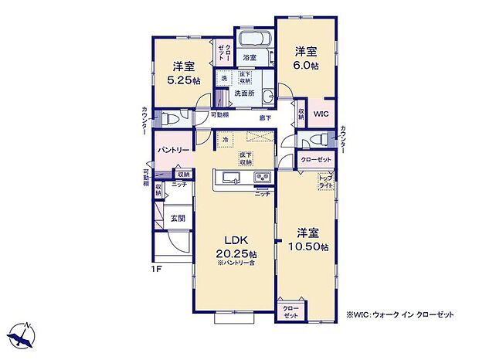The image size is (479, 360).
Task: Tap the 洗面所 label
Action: [x=245, y=93]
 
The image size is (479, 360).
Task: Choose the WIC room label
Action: [x=321, y=113]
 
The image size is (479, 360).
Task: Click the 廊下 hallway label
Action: [x=265, y=117]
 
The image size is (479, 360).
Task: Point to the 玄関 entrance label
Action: [x=178, y=219]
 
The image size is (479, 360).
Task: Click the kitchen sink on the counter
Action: [x=231, y=179]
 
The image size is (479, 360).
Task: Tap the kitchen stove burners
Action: [x=263, y=179]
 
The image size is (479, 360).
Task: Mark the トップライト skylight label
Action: [x=326, y=182]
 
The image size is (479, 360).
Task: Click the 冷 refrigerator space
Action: [x=225, y=139]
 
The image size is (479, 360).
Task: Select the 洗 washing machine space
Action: [x=224, y=79]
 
